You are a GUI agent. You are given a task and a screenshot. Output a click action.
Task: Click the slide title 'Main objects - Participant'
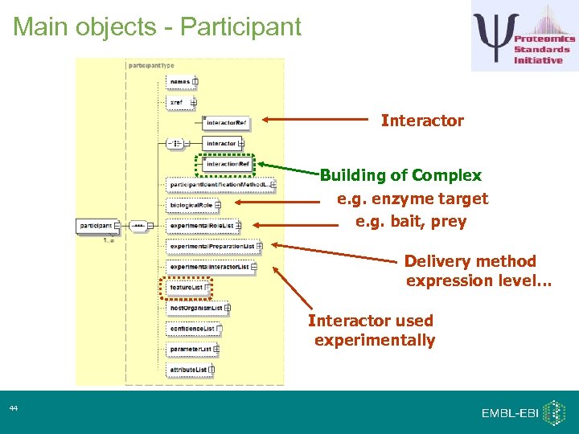click(x=157, y=27)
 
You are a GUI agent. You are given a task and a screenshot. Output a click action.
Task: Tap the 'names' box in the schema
click(x=180, y=81)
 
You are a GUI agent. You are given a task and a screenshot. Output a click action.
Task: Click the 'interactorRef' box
click(x=226, y=123)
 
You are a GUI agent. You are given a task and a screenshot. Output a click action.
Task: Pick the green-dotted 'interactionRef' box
click(x=226, y=164)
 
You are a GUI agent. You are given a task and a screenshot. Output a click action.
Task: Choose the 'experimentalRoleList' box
click(x=202, y=226)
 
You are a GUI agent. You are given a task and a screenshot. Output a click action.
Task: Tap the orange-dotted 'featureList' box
click(x=186, y=287)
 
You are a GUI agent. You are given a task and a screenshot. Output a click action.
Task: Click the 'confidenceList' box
click(x=191, y=329)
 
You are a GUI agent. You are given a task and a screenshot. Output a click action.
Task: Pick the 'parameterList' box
click(x=191, y=350)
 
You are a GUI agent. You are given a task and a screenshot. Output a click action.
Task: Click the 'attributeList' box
click(x=189, y=370)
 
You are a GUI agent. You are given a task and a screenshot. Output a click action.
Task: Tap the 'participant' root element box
click(x=96, y=226)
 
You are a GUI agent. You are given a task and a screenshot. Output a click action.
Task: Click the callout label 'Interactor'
click(x=422, y=121)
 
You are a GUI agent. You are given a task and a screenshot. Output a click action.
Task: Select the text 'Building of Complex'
click(x=401, y=175)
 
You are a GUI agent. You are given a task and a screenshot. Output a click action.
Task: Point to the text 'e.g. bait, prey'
click(x=411, y=221)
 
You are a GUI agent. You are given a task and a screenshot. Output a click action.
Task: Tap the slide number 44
click(x=14, y=409)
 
